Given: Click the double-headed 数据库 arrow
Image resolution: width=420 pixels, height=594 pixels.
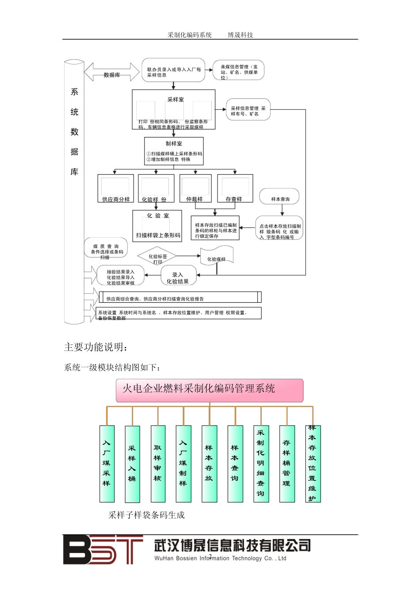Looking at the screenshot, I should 112,72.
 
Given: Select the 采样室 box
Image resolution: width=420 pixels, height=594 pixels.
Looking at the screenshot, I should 174,110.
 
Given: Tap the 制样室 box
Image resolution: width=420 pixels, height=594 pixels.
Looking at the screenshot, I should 174,151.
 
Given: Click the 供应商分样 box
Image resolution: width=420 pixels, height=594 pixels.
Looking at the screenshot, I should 115,189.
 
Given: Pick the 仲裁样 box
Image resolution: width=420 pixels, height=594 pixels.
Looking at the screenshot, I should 195,189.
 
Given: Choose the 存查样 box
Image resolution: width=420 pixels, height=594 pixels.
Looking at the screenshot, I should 235,189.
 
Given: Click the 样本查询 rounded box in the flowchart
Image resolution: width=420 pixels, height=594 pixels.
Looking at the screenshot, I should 279,197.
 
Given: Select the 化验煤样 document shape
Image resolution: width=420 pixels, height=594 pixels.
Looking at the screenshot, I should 217,256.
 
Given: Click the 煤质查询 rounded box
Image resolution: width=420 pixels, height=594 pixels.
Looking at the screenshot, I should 106,248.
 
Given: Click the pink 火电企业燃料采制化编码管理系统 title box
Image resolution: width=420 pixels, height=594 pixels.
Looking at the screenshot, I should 210,390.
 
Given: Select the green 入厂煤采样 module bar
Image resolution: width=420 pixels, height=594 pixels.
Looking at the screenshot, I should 107,464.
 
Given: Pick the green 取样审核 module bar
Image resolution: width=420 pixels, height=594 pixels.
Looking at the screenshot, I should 158,464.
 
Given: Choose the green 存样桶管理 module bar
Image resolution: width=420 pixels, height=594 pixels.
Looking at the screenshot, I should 287,464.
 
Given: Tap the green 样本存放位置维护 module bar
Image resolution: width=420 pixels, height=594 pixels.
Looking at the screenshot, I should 313,464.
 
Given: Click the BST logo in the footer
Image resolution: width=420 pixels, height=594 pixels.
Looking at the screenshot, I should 103,549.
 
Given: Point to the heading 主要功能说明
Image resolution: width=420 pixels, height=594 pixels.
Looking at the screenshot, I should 96,347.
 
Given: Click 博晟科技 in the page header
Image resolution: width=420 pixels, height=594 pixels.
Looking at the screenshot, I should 241,35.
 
